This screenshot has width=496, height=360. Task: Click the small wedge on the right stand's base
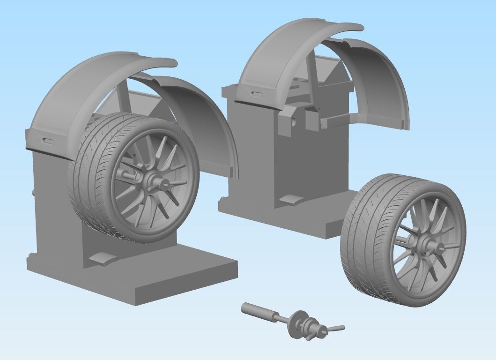click(x=291, y=200)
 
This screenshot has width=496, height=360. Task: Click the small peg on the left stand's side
click(x=34, y=193)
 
